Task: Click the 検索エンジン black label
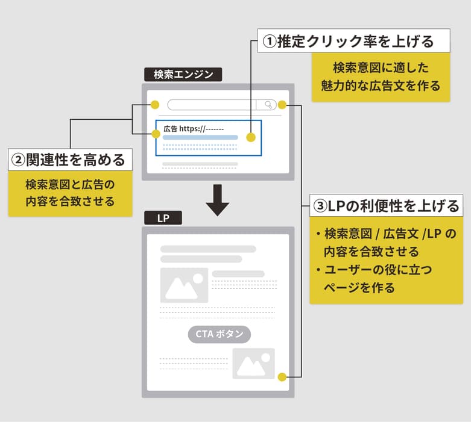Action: coord(183,75)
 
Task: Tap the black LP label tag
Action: coord(163,218)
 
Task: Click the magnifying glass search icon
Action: coord(268,104)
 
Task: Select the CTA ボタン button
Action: coord(220,334)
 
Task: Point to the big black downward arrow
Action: coord(218,200)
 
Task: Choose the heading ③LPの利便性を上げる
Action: coord(387,205)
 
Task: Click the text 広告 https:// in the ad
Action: coord(194,129)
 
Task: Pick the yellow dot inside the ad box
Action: coord(251,137)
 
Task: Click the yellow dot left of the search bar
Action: coord(155,105)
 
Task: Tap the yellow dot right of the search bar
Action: coord(282,105)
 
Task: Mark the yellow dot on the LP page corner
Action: coord(282,377)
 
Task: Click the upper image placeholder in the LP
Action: coord(184,285)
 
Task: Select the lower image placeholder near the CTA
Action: coord(253,363)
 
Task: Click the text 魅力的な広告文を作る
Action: coord(381,85)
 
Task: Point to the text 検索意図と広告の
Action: coord(70,184)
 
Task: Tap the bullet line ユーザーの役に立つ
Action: coord(378,270)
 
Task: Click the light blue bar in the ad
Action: coord(200,137)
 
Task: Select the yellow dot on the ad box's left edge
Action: coord(156,134)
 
